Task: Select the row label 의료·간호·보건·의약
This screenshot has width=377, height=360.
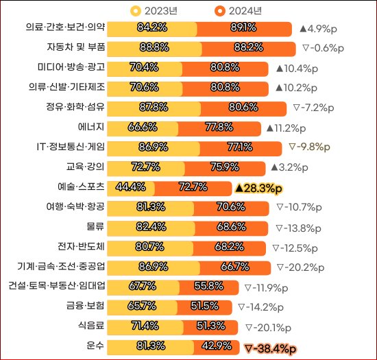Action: click(x=66, y=27)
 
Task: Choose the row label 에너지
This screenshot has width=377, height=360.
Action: click(x=90, y=128)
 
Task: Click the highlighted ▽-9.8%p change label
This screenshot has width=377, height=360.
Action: click(x=310, y=147)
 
